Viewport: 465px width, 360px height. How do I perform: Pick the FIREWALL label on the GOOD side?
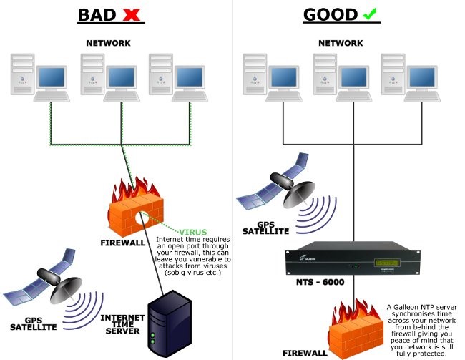pyautogui.click(x=306, y=353)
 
